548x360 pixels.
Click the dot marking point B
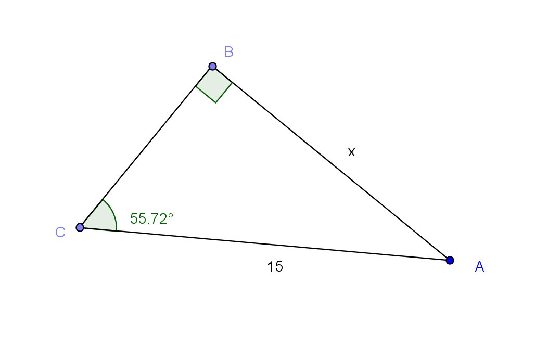212,66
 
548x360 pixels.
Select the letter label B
228,52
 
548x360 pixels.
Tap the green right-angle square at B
214,86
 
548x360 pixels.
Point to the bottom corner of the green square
215,103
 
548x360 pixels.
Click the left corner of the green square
196,87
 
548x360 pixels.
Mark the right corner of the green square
232,83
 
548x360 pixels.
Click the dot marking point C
80,227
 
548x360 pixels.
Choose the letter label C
60,233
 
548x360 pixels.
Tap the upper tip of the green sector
104,200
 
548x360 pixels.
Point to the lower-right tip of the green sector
117,230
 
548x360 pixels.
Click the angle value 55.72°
151,219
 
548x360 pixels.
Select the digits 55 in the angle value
136,219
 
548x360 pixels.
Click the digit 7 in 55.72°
152,219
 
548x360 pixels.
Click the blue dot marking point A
450,260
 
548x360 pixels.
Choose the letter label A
479,267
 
